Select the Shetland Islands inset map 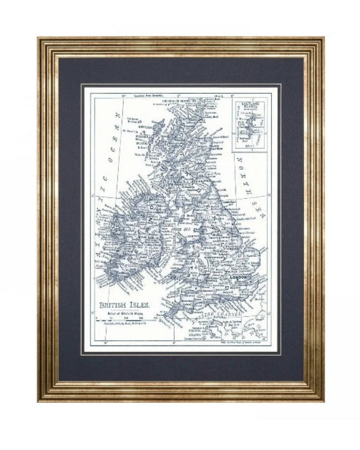(250, 125)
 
